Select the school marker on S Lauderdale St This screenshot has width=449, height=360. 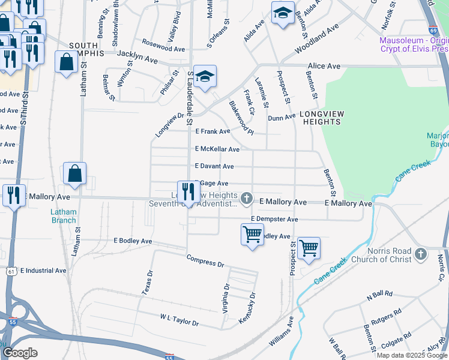click(x=205, y=76)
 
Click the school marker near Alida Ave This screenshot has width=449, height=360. click(x=283, y=13)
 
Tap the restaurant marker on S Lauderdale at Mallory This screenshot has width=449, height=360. click(x=189, y=192)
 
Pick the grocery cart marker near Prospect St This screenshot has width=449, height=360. click(x=309, y=248)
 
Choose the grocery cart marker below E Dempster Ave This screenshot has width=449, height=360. click(x=252, y=234)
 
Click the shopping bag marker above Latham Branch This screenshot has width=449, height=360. click(x=74, y=174)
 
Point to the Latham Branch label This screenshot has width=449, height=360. click(x=63, y=216)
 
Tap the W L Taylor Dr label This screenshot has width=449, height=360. click(x=179, y=319)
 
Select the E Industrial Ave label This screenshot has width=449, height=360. click(x=43, y=271)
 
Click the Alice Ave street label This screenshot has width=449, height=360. click(x=324, y=66)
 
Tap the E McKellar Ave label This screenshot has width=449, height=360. click(x=217, y=149)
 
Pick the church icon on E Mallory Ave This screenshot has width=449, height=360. click(x=246, y=197)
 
